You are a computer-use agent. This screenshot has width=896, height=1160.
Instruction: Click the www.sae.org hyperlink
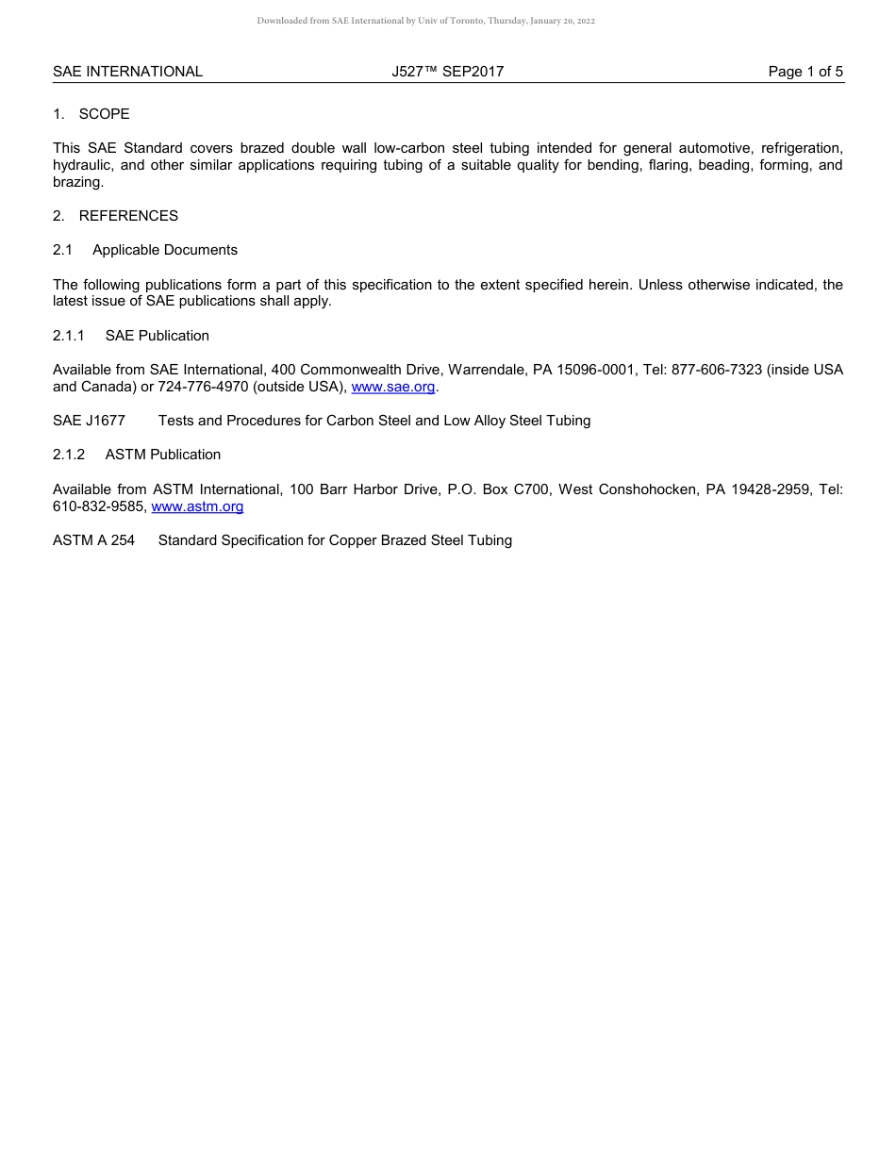393,387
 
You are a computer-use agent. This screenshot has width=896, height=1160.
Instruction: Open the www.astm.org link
197,506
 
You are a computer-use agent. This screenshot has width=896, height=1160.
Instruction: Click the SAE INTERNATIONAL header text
127,72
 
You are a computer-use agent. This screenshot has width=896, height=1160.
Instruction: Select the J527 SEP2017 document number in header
447,72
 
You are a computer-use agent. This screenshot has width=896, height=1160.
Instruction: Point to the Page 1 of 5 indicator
805,72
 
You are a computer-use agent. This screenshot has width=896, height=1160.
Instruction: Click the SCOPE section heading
104,114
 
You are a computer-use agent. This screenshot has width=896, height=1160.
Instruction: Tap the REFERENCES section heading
128,216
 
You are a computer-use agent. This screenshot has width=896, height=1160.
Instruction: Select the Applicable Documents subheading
165,250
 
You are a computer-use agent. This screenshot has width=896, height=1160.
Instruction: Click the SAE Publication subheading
158,336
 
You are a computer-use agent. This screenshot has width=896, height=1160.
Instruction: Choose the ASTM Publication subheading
163,455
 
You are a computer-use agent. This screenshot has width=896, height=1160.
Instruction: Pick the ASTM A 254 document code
93,540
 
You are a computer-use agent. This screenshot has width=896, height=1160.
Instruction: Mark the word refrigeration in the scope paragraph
801,148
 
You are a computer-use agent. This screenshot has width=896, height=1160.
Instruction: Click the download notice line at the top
425,21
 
